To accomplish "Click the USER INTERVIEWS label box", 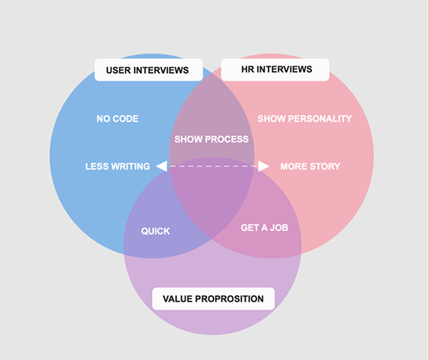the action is pos(148,70).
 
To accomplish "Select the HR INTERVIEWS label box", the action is pos(275,70).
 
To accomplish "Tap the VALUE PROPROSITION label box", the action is pos(213,299).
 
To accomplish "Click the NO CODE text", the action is pos(117,119).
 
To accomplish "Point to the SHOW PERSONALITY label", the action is pos(304,119).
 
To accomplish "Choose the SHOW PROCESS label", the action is pos(211,139).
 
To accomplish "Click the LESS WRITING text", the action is pos(117,166).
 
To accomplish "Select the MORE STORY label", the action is pos(311,166).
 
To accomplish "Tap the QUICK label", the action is pos(155,231).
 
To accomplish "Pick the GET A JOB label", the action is pos(264,228).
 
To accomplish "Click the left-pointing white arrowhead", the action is pos(162,166).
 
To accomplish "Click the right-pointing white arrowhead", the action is pos(264,166).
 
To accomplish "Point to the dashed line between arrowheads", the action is pos(213,166).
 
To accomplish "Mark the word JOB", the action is pos(279,228).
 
